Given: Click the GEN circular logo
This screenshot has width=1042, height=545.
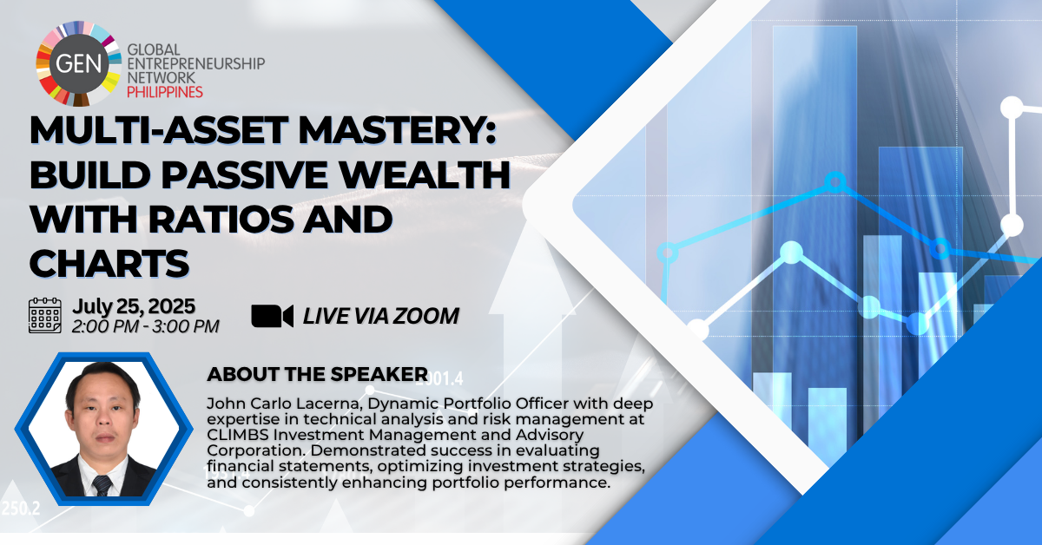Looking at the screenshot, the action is (x=79, y=63).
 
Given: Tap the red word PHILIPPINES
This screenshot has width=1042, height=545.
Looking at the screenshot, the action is (x=165, y=92).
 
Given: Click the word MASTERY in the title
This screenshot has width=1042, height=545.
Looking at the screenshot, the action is (x=398, y=130).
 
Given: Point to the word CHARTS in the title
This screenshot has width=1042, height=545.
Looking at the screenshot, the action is (x=109, y=263).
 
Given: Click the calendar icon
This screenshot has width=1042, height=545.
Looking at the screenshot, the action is (x=44, y=315).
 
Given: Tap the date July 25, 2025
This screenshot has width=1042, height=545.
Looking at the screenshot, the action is (x=134, y=306).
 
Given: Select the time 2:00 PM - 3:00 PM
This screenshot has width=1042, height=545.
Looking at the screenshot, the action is (x=145, y=326).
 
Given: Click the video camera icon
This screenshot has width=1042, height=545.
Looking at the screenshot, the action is (x=272, y=316).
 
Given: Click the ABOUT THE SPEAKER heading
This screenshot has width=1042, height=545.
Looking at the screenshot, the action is (x=317, y=374).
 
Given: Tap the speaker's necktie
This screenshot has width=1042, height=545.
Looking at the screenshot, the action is (x=102, y=485).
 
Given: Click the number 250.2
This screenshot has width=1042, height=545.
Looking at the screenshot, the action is (x=21, y=509).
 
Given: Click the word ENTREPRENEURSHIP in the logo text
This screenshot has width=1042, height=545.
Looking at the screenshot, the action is (x=196, y=63).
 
